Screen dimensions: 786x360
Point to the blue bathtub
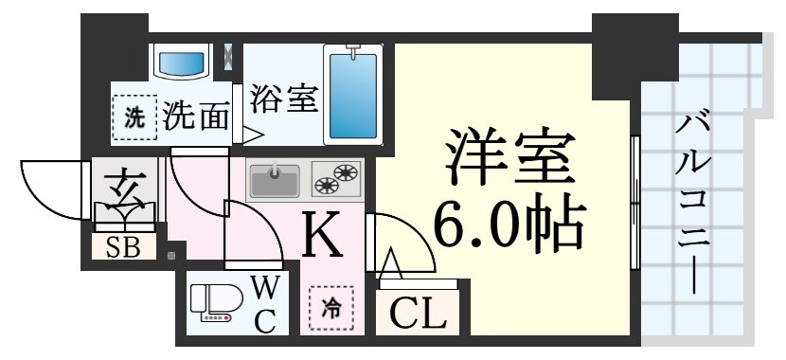click(352, 94)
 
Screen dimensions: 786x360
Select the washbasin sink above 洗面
click(181, 63)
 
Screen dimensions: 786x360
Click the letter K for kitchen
click(323, 236)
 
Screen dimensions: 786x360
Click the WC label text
click(264, 304)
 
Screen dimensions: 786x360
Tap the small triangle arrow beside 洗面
click(251, 135)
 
